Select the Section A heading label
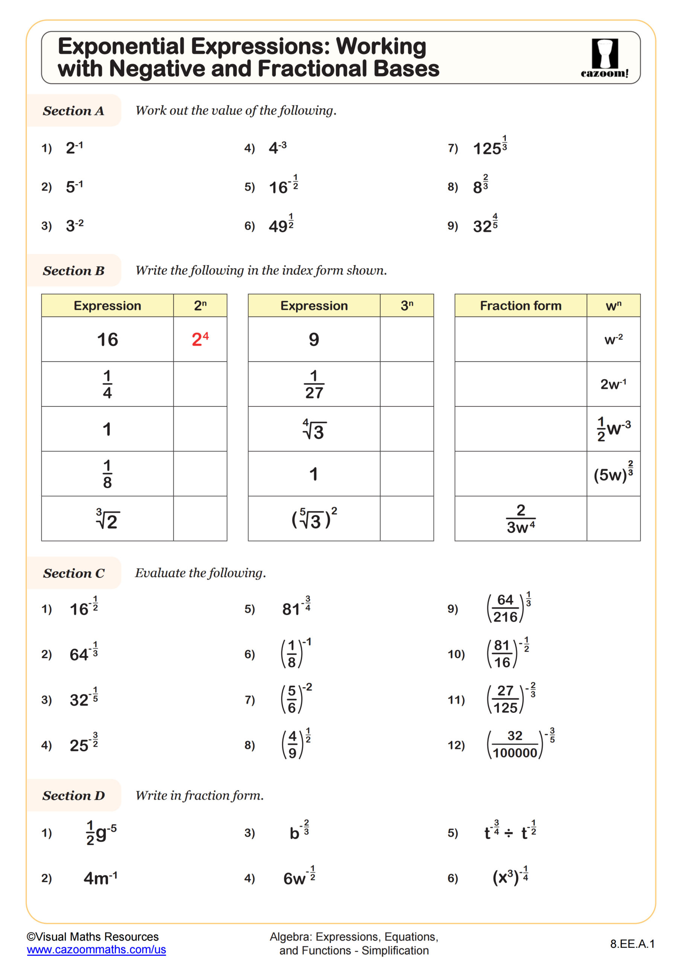pyautogui.click(x=73, y=111)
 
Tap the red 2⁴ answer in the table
pyautogui.click(x=200, y=339)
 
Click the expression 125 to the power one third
pyautogui.click(x=490, y=147)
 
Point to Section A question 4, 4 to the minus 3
pyautogui.click(x=278, y=147)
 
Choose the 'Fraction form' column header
pyautogui.click(x=520, y=305)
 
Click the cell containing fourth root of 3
pyautogui.click(x=314, y=429)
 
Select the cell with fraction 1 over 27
pyautogui.click(x=314, y=384)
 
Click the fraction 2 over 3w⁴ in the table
pyautogui.click(x=520, y=519)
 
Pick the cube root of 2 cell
pyautogui.click(x=107, y=519)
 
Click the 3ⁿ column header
pyautogui.click(x=406, y=305)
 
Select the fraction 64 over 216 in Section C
pyautogui.click(x=505, y=609)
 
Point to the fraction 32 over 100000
pyautogui.click(x=515, y=744)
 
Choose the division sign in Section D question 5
pyautogui.click(x=508, y=833)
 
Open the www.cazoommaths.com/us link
pyautogui.click(x=96, y=950)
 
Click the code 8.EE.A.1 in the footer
pyautogui.click(x=632, y=944)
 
